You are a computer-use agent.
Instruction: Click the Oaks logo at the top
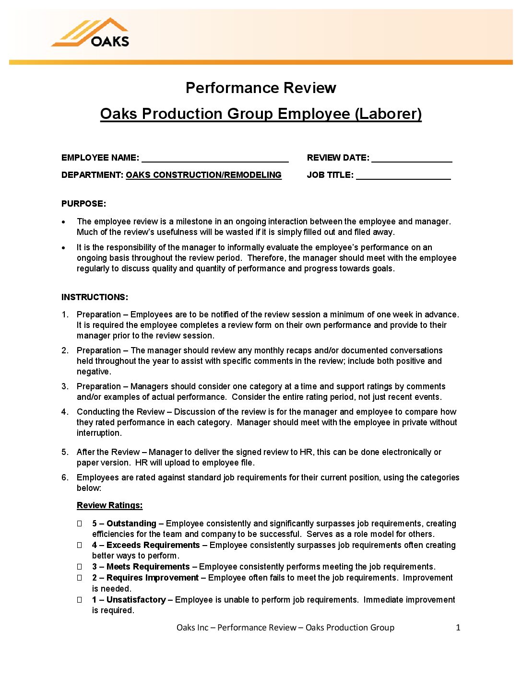pos(91,33)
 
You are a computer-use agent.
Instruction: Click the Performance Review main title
pos(261,88)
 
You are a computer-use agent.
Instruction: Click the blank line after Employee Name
pos(215,158)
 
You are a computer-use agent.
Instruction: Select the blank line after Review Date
pos(412,158)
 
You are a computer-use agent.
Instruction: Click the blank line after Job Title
pos(403,175)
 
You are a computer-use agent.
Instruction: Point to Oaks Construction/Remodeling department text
pos(203,175)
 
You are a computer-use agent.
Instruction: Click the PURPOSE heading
pos(83,204)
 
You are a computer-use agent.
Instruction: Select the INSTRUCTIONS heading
pos(95,297)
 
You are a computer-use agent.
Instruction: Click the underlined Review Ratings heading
pos(109,505)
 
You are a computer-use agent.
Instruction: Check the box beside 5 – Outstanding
pos(80,524)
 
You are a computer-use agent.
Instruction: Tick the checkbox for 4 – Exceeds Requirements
pos(80,545)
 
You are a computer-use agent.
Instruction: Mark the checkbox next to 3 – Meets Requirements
pos(80,567)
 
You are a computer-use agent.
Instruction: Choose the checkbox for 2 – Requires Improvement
pos(80,578)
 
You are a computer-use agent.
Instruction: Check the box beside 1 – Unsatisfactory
pos(80,600)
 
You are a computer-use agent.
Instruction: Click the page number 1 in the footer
pos(458,628)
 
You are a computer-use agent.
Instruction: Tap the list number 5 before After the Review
pos(65,452)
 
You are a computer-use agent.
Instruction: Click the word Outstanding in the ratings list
pos(131,524)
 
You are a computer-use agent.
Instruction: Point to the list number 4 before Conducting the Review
pos(65,412)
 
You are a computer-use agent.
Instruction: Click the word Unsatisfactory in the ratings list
pos(136,600)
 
